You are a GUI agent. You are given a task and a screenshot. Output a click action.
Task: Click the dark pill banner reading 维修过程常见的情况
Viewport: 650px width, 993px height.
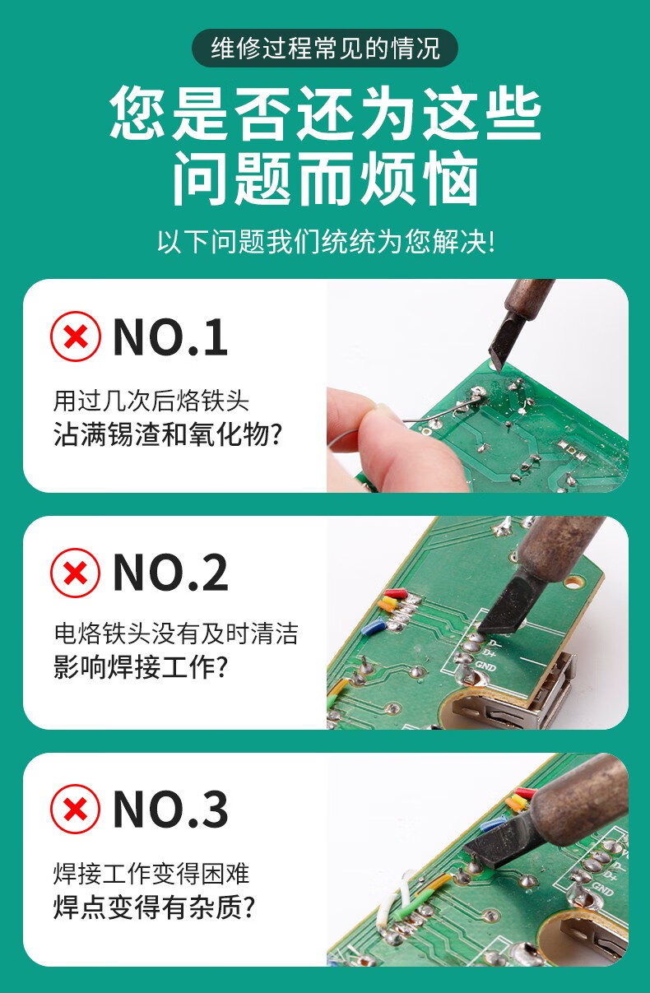pos(324,48)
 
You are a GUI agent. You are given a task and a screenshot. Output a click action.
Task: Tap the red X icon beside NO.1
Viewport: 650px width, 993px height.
pos(76,336)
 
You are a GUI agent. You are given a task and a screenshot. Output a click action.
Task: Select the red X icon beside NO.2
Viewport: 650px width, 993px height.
pos(76,573)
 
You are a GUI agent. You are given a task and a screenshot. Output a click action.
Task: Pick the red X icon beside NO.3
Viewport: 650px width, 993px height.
pos(76,810)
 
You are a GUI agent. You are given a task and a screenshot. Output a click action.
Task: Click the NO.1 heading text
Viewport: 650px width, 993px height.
pos(170,337)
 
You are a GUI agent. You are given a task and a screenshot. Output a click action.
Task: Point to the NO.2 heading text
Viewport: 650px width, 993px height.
pos(170,573)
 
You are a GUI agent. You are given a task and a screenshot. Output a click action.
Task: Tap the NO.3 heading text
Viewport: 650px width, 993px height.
pos(170,810)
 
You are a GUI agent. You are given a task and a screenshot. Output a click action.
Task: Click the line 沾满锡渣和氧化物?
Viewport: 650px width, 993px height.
pos(168,434)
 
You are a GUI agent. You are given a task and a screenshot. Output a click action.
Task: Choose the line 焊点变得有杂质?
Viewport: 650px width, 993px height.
pos(155,907)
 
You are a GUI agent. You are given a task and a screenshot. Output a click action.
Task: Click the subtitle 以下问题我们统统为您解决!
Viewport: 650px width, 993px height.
pos(326,242)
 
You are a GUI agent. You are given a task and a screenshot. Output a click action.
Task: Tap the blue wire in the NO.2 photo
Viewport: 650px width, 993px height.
pos(373,627)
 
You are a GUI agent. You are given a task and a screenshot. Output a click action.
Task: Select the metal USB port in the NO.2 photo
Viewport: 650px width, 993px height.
pos(514,700)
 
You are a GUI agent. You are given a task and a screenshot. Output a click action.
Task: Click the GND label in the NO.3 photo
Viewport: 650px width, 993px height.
pos(602,888)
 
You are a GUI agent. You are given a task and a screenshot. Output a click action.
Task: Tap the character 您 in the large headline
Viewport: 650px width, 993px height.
pos(137,113)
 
